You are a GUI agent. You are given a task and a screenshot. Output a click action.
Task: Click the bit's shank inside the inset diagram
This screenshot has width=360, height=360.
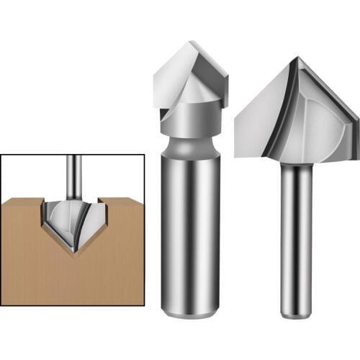73,176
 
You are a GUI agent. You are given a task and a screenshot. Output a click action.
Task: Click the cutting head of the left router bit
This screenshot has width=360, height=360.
189,83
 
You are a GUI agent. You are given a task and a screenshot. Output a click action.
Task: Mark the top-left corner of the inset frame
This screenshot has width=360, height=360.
1,153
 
